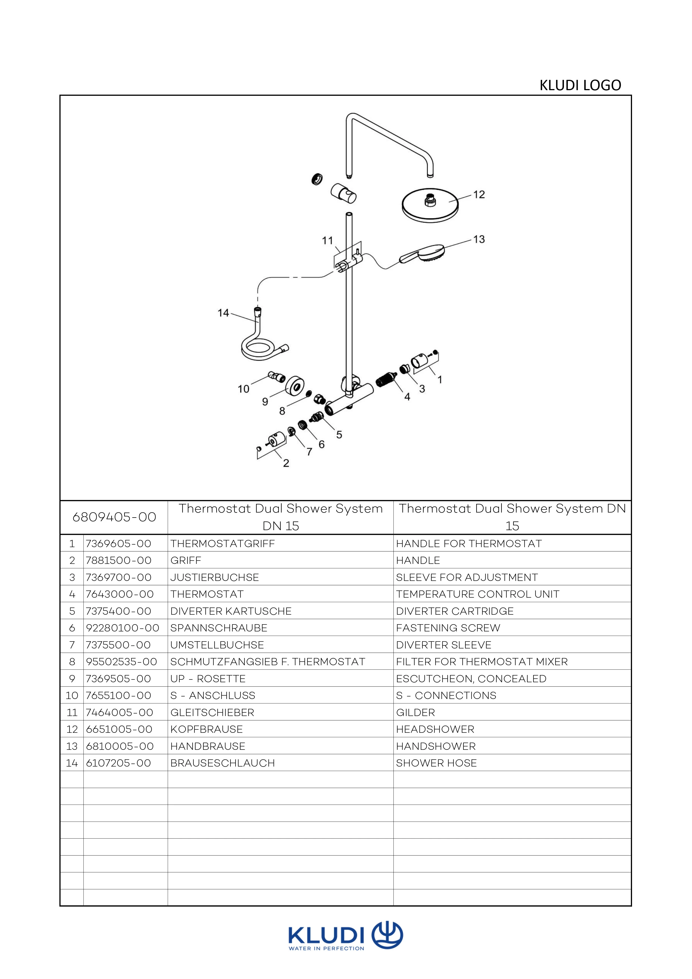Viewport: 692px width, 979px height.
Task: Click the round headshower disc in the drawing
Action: (x=430, y=206)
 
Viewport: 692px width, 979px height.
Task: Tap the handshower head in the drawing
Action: (x=431, y=253)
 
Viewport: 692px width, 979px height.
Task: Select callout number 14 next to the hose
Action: (x=223, y=313)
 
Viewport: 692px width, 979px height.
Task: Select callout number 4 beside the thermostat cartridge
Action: (x=407, y=397)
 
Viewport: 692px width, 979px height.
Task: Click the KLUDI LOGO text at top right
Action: (x=580, y=85)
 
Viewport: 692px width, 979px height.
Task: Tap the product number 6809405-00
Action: (x=114, y=517)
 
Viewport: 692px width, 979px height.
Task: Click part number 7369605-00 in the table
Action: (x=119, y=544)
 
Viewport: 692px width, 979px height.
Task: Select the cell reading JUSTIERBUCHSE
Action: (x=214, y=577)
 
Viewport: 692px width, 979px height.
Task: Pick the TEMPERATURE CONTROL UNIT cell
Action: (x=477, y=594)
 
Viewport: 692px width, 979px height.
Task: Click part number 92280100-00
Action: (x=122, y=628)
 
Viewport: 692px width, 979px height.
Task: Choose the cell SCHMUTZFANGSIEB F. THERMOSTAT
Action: (x=268, y=662)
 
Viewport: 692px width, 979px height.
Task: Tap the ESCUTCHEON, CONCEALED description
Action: (x=471, y=678)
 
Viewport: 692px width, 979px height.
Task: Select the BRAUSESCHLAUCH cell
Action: (x=222, y=763)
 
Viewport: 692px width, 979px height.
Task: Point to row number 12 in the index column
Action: (x=72, y=729)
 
